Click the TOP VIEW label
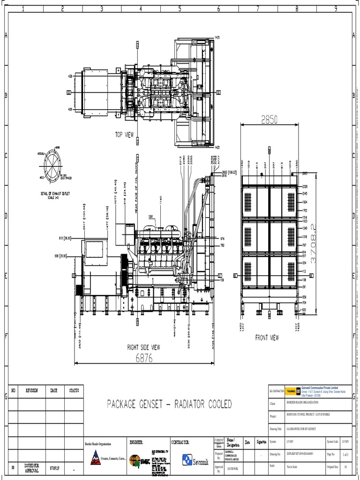(125, 135)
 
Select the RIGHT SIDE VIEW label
(143, 347)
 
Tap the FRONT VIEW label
(267, 337)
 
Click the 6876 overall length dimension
(143, 358)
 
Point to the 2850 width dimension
(266, 120)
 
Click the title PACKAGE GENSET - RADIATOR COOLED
(169, 404)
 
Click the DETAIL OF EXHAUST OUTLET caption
(52, 194)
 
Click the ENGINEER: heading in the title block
(137, 442)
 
